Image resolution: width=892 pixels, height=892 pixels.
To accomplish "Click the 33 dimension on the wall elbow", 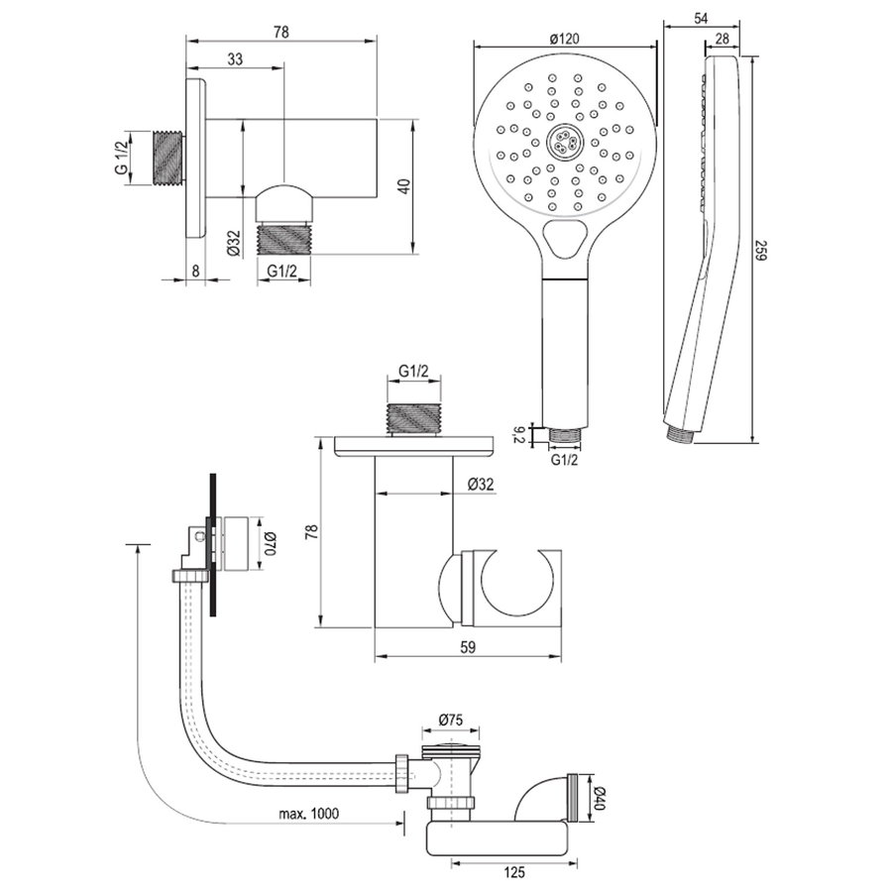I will (x=235, y=59).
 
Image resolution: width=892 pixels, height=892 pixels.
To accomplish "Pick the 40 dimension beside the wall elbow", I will (x=402, y=185).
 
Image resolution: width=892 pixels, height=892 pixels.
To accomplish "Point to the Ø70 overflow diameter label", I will (x=268, y=543).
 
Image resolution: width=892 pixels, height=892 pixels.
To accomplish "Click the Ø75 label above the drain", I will (x=451, y=721).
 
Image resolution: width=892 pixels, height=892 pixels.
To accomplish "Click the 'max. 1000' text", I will (x=308, y=814).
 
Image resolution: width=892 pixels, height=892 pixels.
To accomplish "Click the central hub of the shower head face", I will (x=566, y=141).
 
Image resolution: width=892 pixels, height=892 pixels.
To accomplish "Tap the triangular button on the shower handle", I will (x=566, y=239).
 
